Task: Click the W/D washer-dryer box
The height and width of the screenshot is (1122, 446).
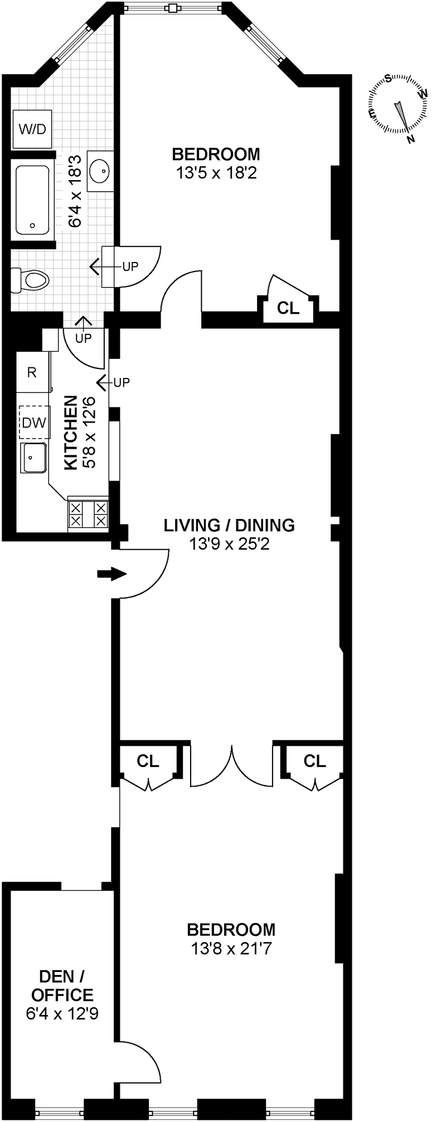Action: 32,129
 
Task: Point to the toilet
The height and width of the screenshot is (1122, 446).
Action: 31,279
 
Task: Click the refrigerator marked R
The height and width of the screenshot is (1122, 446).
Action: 32,372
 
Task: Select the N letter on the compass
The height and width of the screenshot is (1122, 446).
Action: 411,139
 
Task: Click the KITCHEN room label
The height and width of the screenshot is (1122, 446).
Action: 70,433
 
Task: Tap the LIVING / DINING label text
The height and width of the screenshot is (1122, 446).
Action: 229,525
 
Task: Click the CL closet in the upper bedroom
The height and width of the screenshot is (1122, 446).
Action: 288,308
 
